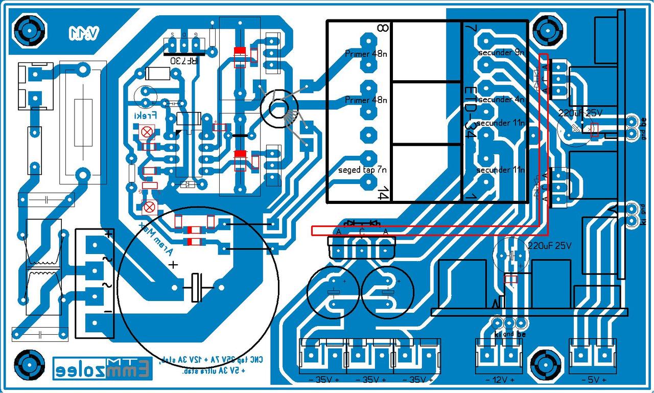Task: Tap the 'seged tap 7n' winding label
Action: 362,169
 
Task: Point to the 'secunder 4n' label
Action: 501,100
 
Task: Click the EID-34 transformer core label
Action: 470,113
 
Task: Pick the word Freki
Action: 145,116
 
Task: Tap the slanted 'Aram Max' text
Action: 156,240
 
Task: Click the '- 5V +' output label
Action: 594,380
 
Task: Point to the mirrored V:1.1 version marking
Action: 84,33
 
